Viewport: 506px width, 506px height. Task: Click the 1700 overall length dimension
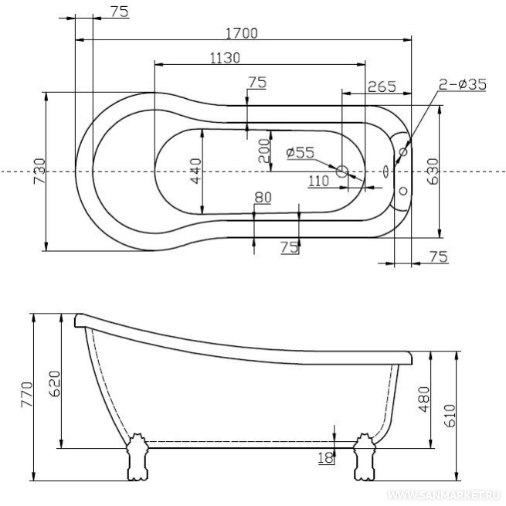pos(242,33)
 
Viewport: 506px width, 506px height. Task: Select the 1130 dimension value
pos(226,58)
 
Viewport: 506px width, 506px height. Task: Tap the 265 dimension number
pos(382,87)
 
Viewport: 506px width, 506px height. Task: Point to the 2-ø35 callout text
pos(463,84)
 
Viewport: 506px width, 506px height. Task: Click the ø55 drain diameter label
pos(300,153)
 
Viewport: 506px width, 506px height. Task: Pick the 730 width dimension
pos(40,171)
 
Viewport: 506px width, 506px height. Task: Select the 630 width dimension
pos(433,171)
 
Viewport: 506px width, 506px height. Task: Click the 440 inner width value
pos(196,171)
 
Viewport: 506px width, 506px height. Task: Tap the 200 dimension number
pos(264,151)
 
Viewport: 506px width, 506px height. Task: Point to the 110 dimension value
pos(318,181)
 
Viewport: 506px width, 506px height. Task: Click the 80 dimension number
pos(263,198)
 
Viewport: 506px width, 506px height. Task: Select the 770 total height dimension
pos(27,395)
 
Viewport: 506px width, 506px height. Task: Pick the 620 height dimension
pos(54,383)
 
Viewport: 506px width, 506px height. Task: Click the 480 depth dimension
pos(424,399)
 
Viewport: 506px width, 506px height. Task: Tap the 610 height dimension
pos(450,416)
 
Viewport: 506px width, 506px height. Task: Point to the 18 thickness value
pos(325,457)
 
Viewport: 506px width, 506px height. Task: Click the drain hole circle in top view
pos(342,171)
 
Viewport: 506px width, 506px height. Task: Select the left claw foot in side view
pos(138,457)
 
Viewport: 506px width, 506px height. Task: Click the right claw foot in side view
pos(364,457)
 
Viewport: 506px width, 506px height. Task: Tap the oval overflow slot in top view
pos(385,171)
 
